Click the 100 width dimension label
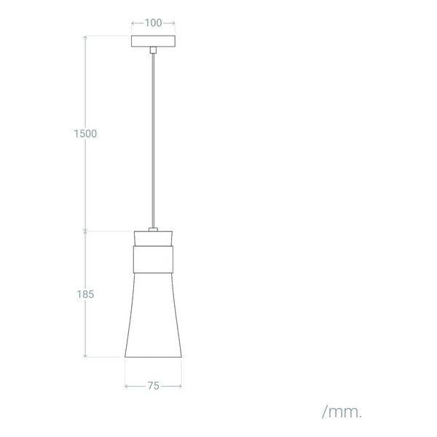(x=154, y=23)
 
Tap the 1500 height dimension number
(x=85, y=134)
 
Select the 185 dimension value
(x=85, y=294)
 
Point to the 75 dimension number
(x=154, y=387)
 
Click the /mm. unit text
(x=342, y=412)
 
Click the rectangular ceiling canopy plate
(x=154, y=41)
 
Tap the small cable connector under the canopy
(x=154, y=50)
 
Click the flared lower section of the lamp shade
(x=154, y=320)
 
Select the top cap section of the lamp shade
(x=154, y=240)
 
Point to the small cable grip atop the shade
(x=154, y=230)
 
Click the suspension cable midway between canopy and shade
(x=154, y=138)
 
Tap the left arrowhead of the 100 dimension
(x=133, y=23)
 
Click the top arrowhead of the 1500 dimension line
(x=85, y=36)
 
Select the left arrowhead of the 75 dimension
(x=127, y=387)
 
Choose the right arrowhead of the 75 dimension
(x=181, y=387)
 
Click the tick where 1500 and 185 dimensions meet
(x=85, y=232)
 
